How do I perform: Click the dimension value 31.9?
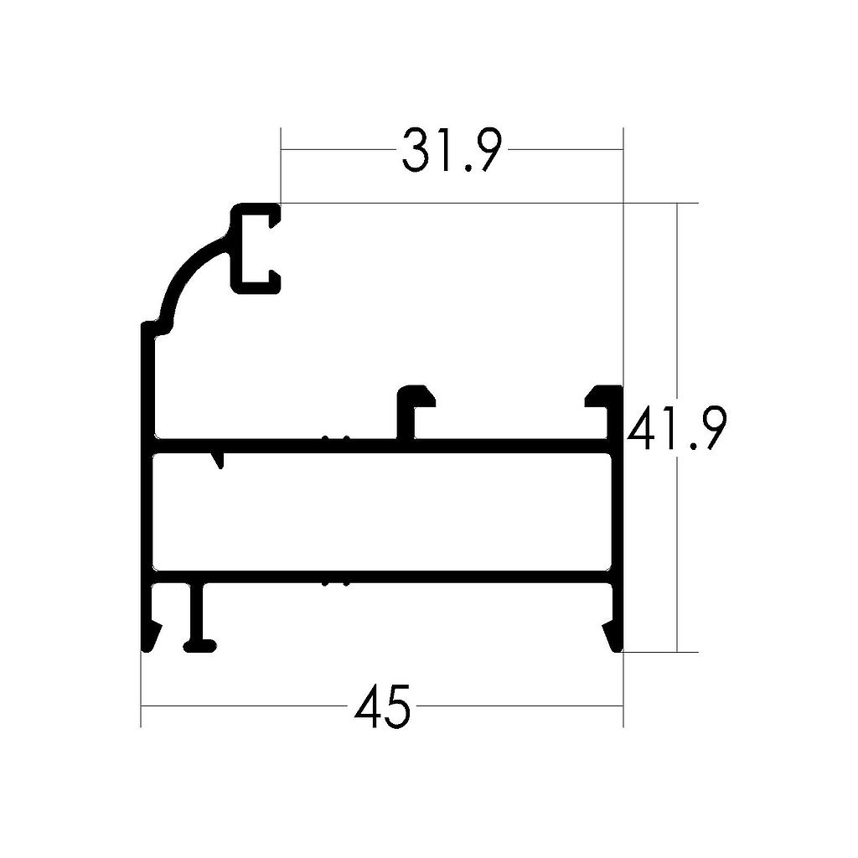coord(452,151)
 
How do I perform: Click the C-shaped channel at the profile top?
coord(251,248)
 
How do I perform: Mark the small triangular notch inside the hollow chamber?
coord(220,459)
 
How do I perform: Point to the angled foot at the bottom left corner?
coord(151,636)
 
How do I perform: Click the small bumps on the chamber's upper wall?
coord(336,438)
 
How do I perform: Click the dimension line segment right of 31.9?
coord(566,150)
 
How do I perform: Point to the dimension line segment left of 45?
coord(243,706)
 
